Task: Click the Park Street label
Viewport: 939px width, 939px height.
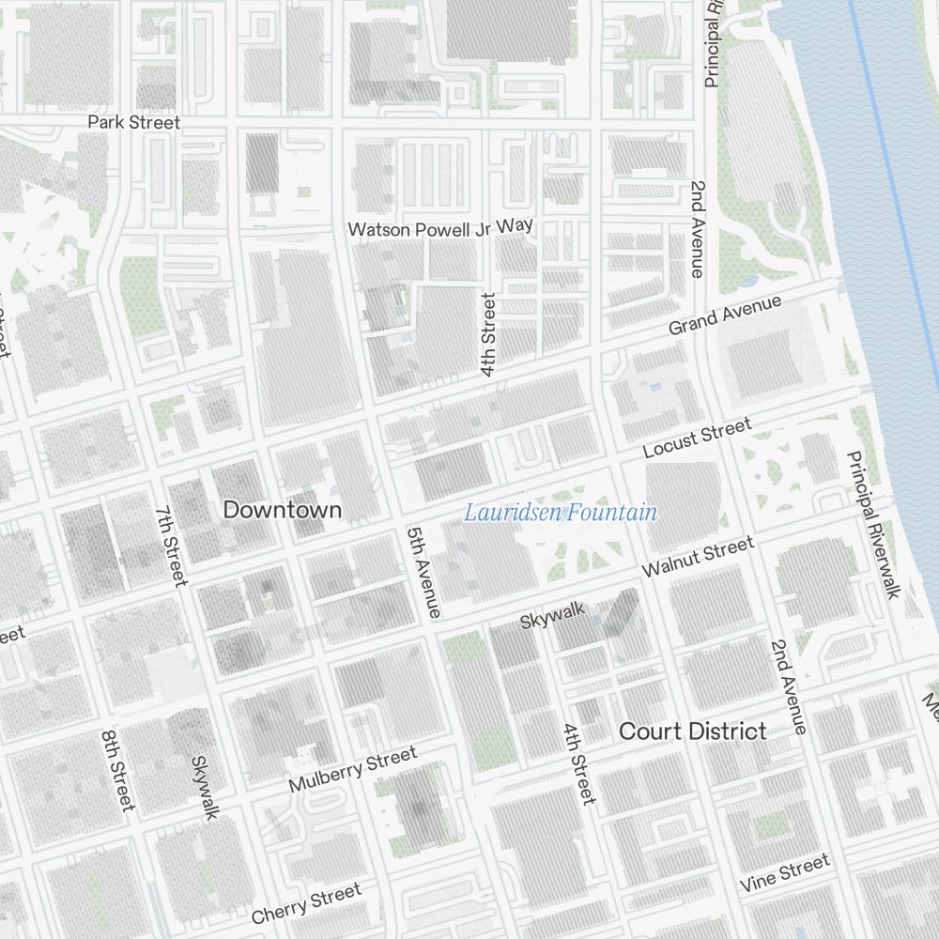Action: (133, 122)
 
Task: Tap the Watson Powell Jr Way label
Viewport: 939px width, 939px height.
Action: (440, 227)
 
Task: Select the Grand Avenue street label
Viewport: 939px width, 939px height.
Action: (725, 316)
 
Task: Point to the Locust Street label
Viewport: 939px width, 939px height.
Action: (698, 439)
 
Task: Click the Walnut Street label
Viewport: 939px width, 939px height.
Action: (698, 558)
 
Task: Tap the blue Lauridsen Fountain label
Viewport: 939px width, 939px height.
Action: (562, 513)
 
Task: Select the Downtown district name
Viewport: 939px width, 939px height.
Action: (283, 510)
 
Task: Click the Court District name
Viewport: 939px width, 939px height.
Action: (693, 731)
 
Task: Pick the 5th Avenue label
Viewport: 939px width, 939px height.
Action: (423, 572)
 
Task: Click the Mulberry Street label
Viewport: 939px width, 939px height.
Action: (352, 770)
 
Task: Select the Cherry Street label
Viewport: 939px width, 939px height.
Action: (306, 903)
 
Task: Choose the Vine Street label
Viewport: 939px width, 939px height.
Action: (785, 873)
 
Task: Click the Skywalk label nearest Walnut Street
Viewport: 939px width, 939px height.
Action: (553, 616)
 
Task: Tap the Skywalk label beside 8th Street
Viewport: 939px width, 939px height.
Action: (204, 787)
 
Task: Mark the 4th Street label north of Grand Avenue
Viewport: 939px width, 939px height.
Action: (488, 334)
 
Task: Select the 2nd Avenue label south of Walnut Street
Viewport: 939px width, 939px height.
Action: (788, 686)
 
